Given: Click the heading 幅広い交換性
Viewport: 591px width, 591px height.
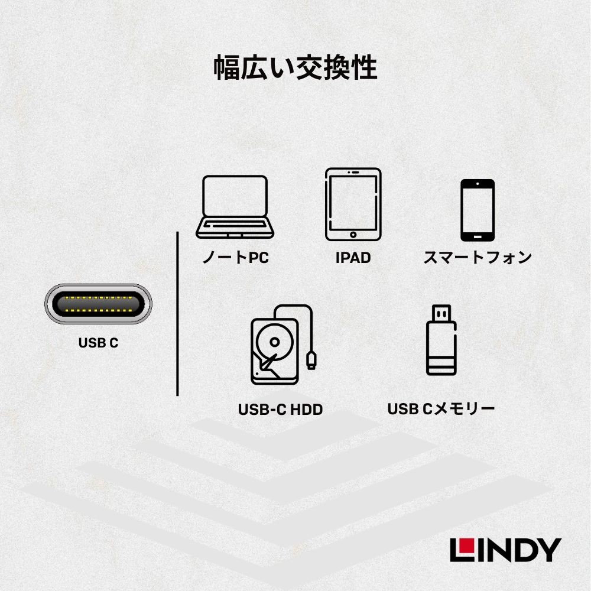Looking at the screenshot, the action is coord(295,67).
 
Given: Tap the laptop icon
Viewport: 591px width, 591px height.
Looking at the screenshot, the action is coord(235,207).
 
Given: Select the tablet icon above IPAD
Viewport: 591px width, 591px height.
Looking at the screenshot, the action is coord(353,204).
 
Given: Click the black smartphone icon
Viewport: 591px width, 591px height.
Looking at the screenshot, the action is coord(478,210).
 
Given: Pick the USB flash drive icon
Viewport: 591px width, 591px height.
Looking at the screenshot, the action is coord(441,340).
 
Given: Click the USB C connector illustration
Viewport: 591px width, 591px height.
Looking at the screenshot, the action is coord(98,304).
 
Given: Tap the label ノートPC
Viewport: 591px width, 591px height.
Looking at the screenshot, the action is coord(236,258).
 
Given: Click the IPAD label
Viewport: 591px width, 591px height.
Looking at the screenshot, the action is coord(353,258).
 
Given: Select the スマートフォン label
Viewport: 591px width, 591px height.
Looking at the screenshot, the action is coord(478,258).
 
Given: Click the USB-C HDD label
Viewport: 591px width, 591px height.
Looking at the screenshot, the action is coord(280,410).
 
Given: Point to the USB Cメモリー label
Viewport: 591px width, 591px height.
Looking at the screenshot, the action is coord(441,409).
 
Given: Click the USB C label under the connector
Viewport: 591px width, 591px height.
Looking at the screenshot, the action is coord(98,343).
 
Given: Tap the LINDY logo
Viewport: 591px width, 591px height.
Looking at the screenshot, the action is coord(506,550).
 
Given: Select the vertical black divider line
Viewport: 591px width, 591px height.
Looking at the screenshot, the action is coord(177,314).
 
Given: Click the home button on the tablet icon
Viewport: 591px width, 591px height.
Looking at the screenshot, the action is coord(353,235).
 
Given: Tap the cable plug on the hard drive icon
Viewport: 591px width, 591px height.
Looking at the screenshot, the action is coord(311,361).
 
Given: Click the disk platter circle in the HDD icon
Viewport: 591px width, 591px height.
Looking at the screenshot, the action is coord(274,342).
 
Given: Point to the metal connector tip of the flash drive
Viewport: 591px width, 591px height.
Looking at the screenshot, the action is coord(441,313).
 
